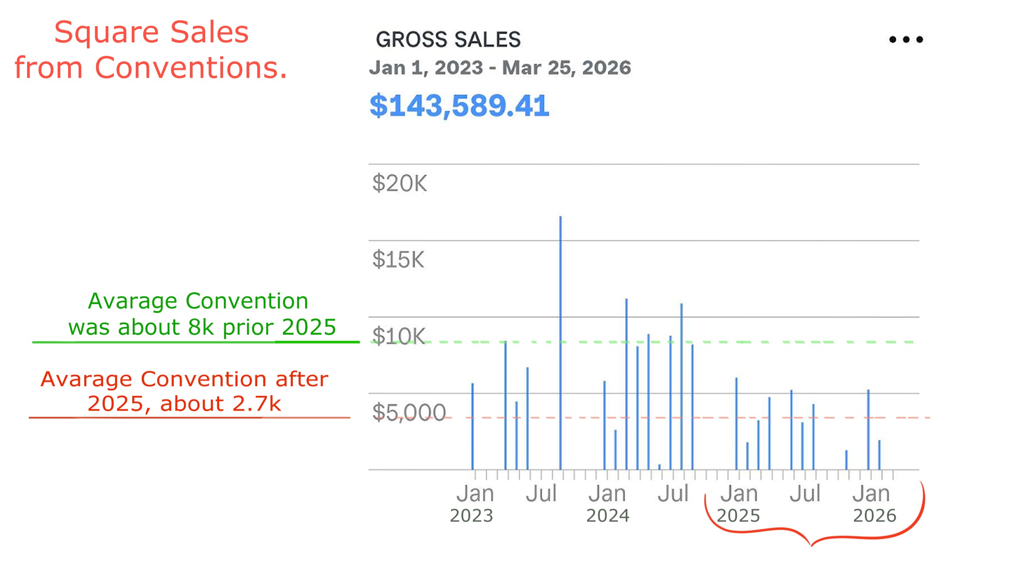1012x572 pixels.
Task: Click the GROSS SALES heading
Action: pyautogui.click(x=448, y=40)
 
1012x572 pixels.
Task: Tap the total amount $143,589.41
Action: pyautogui.click(x=459, y=106)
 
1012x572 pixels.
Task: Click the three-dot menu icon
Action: pyautogui.click(x=906, y=40)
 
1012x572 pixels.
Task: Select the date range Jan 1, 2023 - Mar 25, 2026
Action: pyautogui.click(x=500, y=68)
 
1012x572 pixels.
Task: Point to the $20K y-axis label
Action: pyautogui.click(x=399, y=184)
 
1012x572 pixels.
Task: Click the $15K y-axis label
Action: pyautogui.click(x=398, y=260)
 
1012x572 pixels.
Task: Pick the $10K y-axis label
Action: pyautogui.click(x=399, y=336)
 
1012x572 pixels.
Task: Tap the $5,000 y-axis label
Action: pyautogui.click(x=409, y=413)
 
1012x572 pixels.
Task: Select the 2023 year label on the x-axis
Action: pyautogui.click(x=472, y=516)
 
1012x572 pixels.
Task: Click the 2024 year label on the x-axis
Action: pyautogui.click(x=608, y=516)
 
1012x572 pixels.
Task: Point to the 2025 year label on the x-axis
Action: pyautogui.click(x=738, y=516)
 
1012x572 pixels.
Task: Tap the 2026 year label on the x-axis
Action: pyautogui.click(x=874, y=516)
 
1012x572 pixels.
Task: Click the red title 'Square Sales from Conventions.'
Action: pyautogui.click(x=151, y=50)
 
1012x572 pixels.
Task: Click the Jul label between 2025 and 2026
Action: pyautogui.click(x=805, y=494)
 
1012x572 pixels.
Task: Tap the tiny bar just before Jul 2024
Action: pyautogui.click(x=659, y=467)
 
